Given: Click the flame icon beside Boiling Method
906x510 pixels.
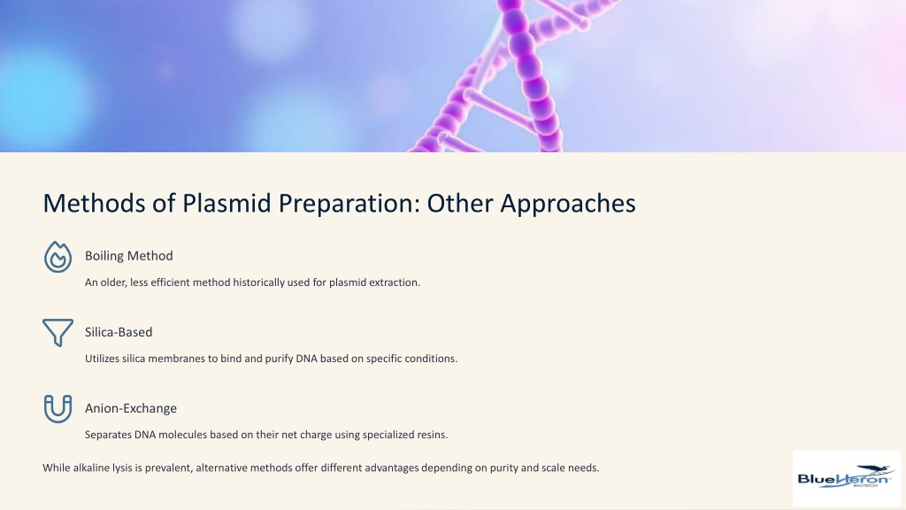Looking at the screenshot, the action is tap(58, 257).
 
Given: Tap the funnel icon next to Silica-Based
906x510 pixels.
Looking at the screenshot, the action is tap(58, 333).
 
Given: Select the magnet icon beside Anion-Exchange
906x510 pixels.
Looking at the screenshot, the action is tap(58, 409).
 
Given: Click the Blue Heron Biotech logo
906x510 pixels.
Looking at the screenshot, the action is tap(846, 479).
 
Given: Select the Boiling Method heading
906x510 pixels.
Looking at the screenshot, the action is tap(129, 256).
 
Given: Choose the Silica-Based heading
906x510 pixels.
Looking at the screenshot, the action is tap(119, 332).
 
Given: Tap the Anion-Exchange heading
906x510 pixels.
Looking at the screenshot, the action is tap(131, 408).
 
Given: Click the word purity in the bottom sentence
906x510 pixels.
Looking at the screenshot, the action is tap(503, 468).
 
